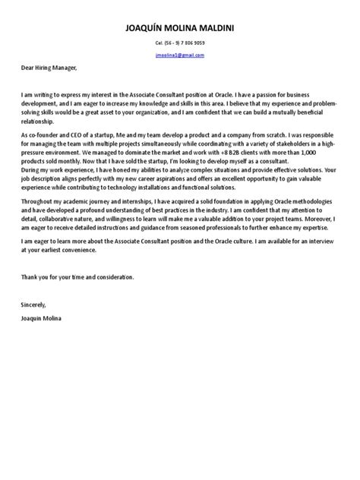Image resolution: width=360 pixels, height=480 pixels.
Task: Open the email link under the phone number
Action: point(179,55)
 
